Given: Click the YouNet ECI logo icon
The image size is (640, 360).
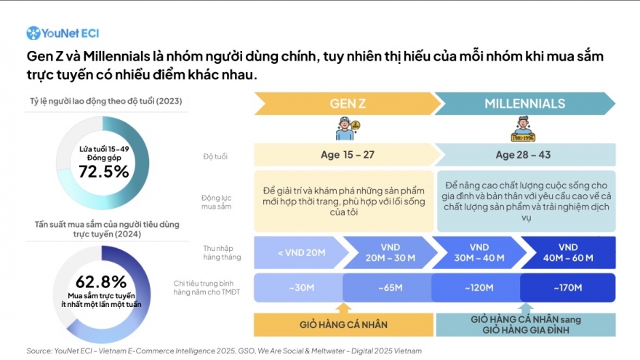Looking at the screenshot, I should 33,33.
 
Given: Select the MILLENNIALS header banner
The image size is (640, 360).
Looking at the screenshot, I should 524,103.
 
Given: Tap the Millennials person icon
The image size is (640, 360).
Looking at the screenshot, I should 522,129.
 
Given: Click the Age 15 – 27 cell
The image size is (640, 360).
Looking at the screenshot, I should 344,155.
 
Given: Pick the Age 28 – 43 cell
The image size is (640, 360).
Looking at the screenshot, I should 524,155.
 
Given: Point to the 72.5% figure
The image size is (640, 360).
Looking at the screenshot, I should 103,172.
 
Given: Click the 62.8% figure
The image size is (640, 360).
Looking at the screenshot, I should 101,282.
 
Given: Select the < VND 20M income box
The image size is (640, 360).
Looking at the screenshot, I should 298,252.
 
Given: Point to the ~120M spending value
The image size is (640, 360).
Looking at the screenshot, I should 477,287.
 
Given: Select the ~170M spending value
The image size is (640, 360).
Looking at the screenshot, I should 568,287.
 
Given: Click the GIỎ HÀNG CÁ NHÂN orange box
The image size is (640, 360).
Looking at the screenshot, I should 343,324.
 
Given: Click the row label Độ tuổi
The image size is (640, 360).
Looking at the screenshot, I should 215,156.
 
